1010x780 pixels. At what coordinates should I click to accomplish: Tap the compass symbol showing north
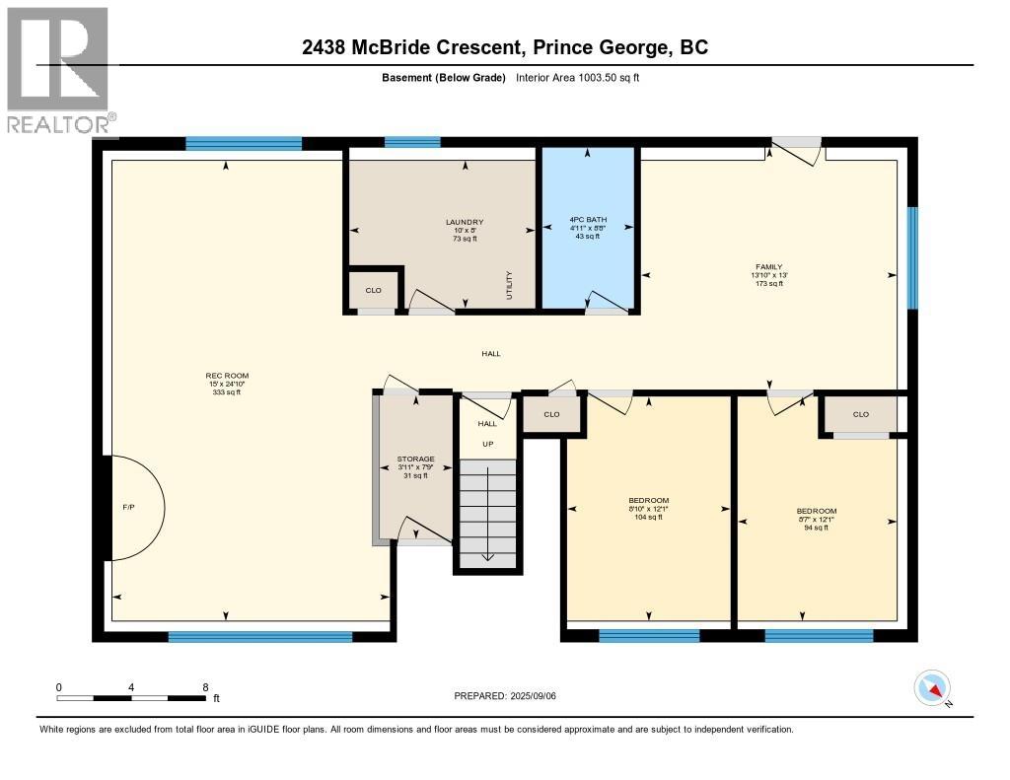932,687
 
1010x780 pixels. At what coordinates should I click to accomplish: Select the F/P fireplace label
128,507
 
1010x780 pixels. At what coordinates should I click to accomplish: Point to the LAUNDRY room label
464,222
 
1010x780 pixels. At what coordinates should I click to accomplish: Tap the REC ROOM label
226,376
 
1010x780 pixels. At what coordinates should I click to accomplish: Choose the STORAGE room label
415,460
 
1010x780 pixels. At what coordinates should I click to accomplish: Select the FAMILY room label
768,267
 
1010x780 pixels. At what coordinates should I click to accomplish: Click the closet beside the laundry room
373,290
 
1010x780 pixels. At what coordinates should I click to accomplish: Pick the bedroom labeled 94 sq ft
816,512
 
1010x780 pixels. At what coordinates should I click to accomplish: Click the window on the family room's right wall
912,257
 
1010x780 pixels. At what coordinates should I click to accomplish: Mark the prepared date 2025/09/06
511,696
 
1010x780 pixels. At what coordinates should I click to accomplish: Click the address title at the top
505,47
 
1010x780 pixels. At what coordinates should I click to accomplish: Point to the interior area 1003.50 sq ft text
578,78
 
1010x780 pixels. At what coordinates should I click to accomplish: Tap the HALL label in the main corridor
490,353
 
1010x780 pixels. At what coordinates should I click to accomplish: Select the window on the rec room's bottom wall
259,637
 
